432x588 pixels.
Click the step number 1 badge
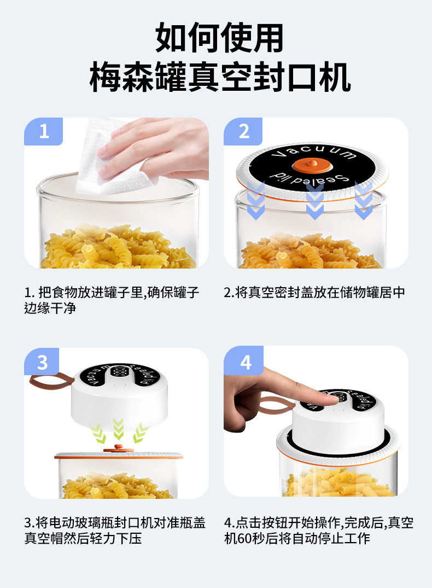44,131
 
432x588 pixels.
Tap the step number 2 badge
243,131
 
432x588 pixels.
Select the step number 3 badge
42,362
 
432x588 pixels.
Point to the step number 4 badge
244,361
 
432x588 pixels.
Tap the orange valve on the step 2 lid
312,165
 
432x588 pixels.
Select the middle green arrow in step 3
119,429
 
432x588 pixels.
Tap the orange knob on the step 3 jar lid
119,449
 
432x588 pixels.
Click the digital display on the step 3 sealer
119,371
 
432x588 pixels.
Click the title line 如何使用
219,38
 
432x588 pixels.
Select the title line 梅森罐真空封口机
220,77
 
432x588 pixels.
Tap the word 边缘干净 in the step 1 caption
50,308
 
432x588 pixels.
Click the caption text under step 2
314,292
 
